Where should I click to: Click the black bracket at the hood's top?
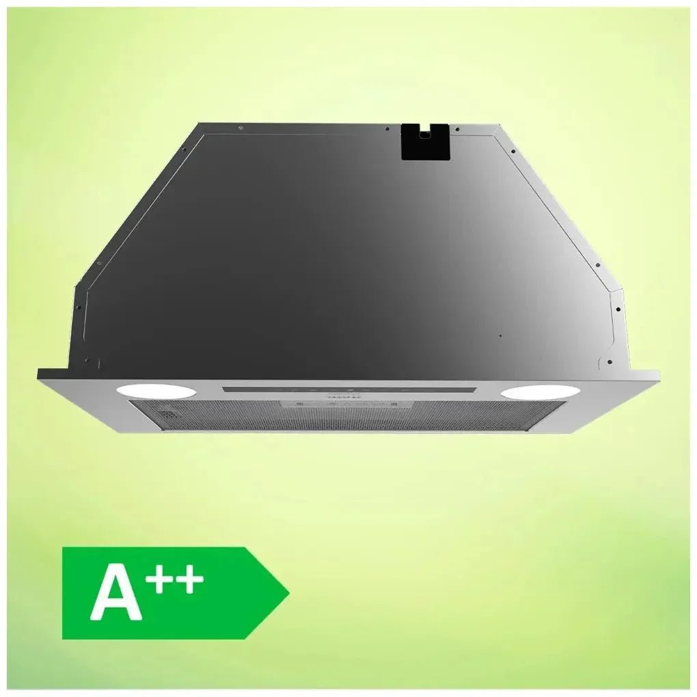[x=425, y=142]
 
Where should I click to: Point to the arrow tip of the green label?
[x=287, y=592]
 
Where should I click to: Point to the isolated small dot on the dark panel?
[x=500, y=336]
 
